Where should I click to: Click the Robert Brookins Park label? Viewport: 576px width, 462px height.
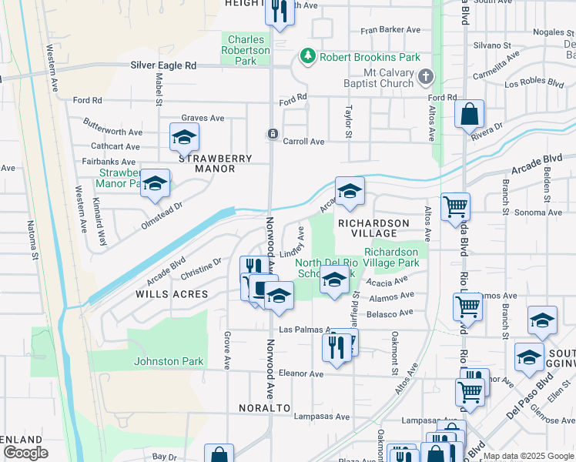pyautogui.click(x=370, y=57)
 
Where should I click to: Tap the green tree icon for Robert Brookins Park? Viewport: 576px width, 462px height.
pyautogui.click(x=308, y=56)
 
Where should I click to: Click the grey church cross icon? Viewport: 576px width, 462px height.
pyautogui.click(x=427, y=77)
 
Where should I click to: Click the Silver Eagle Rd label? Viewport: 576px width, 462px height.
pyautogui.click(x=163, y=66)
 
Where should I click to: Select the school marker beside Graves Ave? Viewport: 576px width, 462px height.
pyautogui.click(x=184, y=138)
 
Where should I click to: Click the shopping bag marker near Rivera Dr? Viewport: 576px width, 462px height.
pyautogui.click(x=469, y=115)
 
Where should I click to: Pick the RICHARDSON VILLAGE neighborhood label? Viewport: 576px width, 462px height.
pyautogui.click(x=372, y=228)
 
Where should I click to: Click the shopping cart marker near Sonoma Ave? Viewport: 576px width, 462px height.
pyautogui.click(x=455, y=206)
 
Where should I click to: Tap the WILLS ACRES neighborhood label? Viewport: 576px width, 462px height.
pyautogui.click(x=172, y=294)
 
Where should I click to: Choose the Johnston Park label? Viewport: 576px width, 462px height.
pyautogui.click(x=169, y=361)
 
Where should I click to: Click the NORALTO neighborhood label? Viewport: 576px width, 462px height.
pyautogui.click(x=263, y=407)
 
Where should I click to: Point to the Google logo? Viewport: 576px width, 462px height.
pyautogui.click(x=25, y=452)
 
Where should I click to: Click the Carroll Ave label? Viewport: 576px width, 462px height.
pyautogui.click(x=303, y=142)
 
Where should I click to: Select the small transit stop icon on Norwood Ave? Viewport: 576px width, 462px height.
pyautogui.click(x=273, y=134)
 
